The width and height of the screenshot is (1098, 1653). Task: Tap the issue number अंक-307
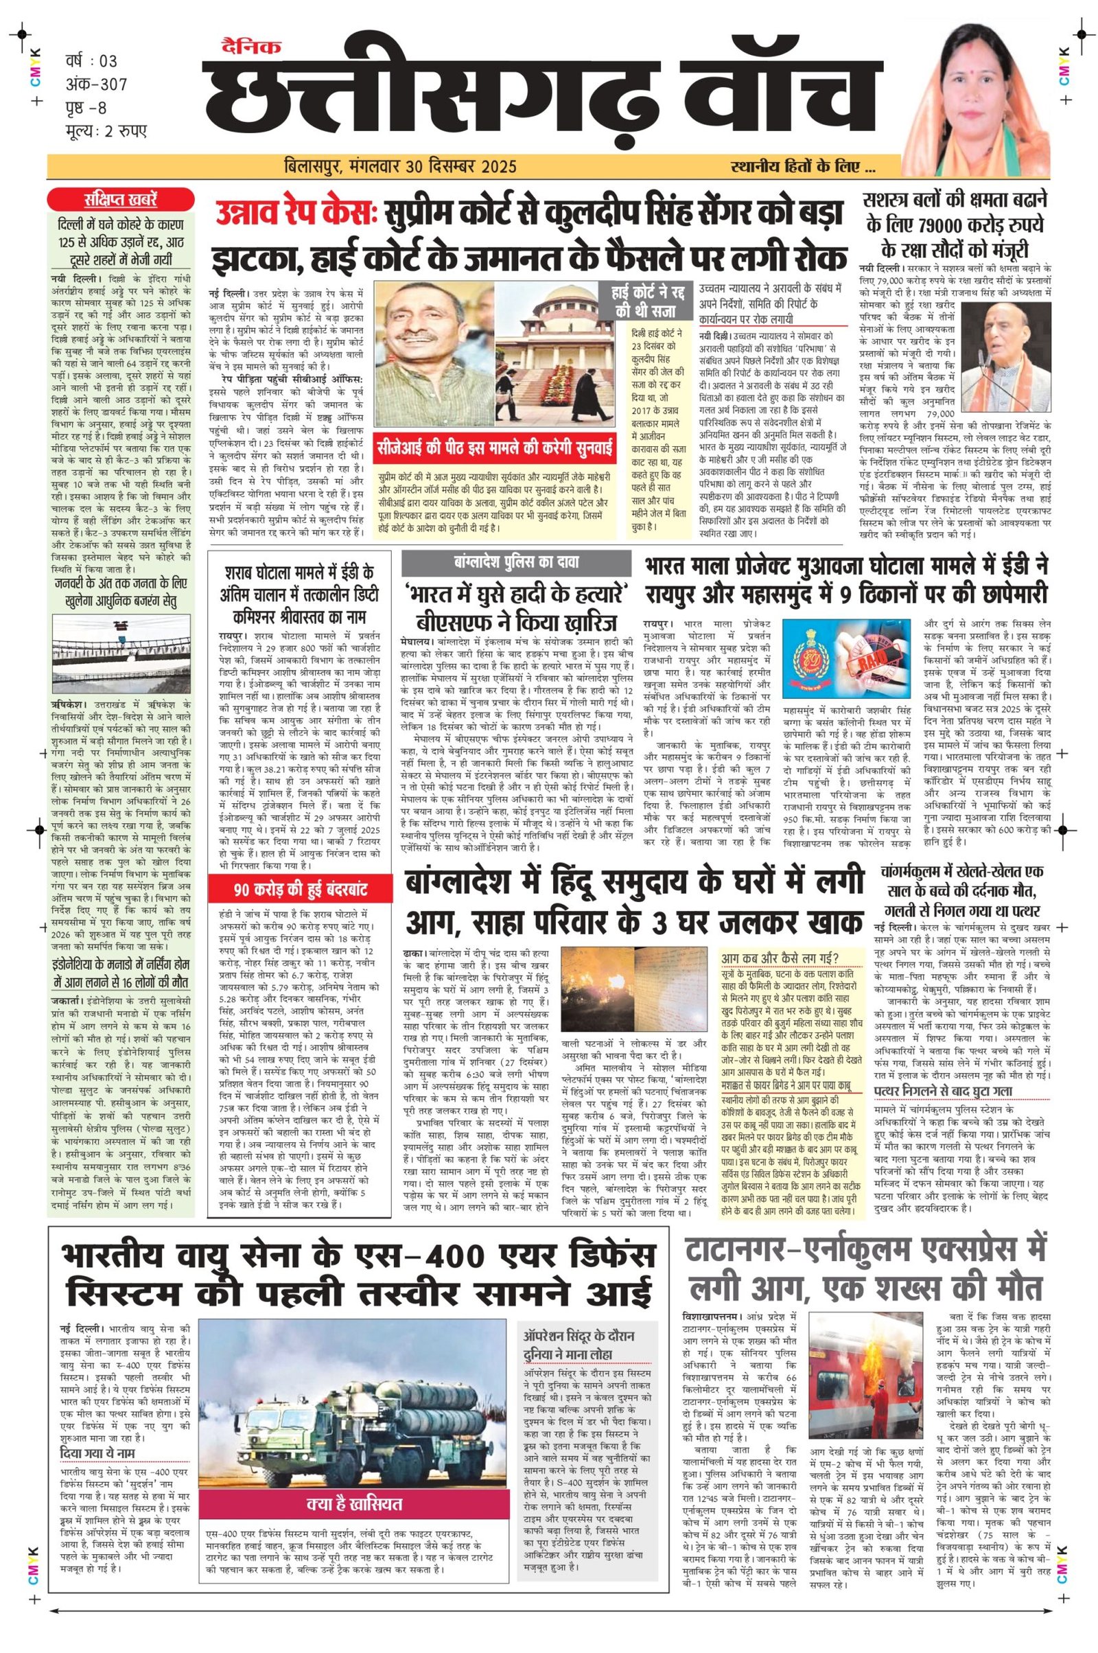pyautogui.click(x=96, y=84)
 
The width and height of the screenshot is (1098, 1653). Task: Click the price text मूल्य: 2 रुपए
pyautogui.click(x=106, y=130)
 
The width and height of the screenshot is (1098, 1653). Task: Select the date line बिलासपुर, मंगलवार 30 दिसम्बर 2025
pyautogui.click(x=401, y=166)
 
